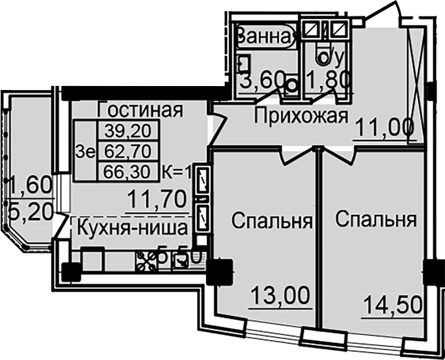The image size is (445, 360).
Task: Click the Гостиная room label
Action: [x=139, y=110]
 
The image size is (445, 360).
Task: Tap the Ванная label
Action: [x=262, y=36]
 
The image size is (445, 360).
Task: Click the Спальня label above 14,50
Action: [x=375, y=219]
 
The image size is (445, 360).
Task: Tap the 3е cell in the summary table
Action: [x=85, y=151]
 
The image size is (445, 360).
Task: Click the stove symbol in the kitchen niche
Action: [x=144, y=260]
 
